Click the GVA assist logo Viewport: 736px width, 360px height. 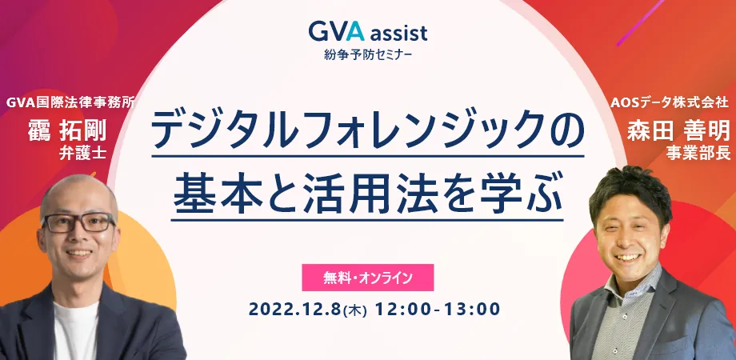[x=368, y=32]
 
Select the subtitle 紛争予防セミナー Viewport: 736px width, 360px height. [x=368, y=55]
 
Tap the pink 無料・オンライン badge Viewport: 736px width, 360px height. [x=367, y=278]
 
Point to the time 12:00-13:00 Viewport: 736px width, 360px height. [x=438, y=310]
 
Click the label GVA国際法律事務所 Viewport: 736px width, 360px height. [x=71, y=102]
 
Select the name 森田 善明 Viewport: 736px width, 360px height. [x=678, y=130]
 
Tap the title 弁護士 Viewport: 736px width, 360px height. [x=82, y=154]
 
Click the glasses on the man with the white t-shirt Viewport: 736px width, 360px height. [x=78, y=223]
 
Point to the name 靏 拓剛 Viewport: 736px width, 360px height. [x=67, y=130]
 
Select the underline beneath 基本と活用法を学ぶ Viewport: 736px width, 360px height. [x=367, y=220]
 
